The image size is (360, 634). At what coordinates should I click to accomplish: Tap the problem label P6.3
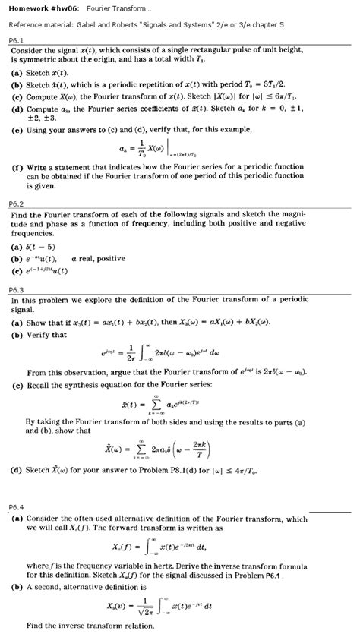click(x=17, y=289)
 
